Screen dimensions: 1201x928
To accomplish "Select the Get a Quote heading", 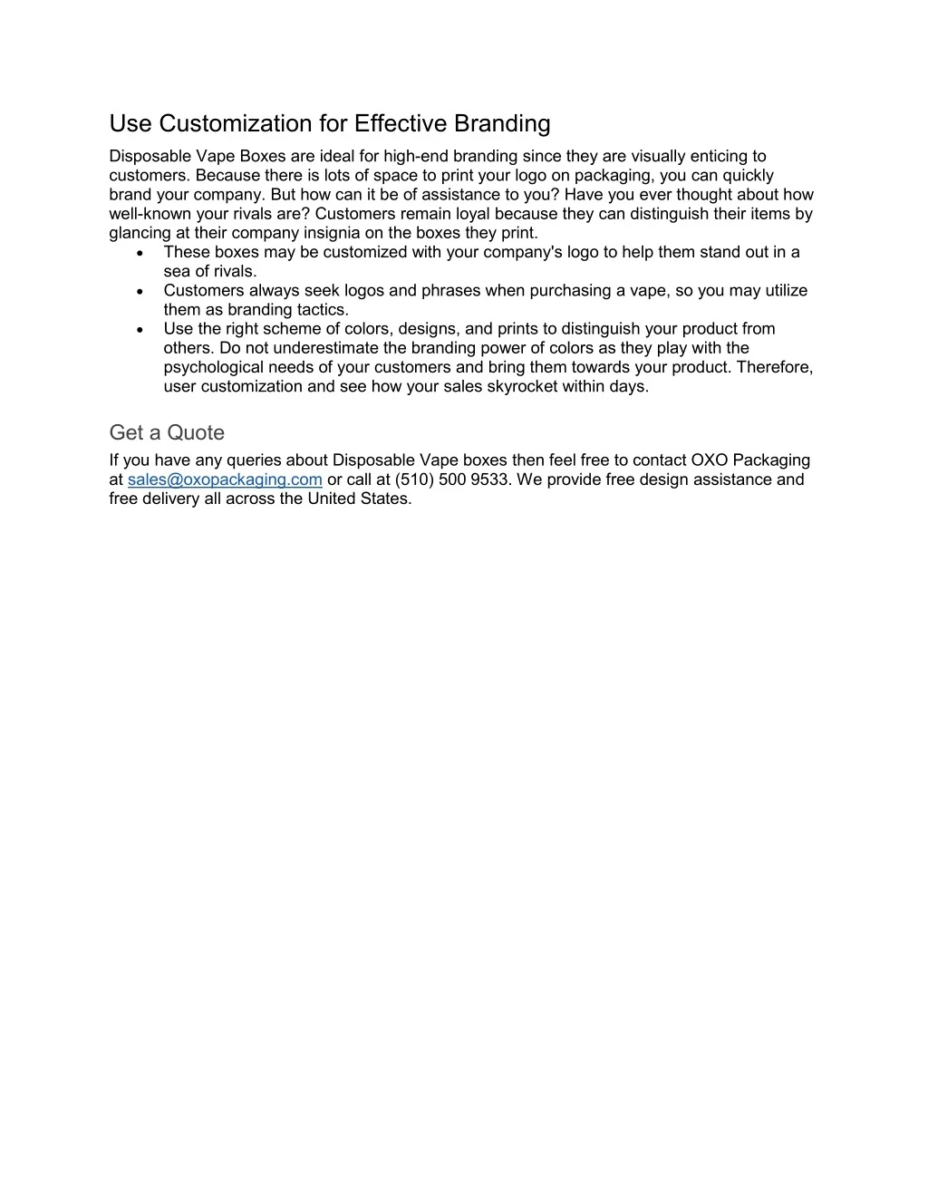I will tap(167, 432).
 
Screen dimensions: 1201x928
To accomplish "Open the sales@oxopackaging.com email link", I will tap(225, 479).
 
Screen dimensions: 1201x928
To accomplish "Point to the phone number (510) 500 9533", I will tap(452, 479).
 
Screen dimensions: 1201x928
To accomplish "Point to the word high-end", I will tap(416, 156).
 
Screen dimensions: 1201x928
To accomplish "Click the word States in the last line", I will tap(385, 499).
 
